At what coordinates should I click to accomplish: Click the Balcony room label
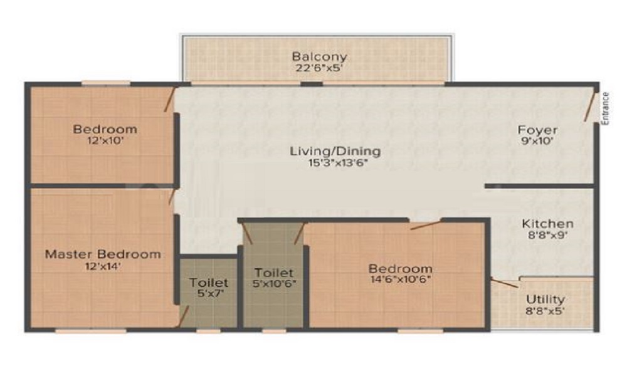point(319,56)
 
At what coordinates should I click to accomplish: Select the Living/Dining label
point(335,151)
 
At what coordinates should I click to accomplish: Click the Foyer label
point(537,130)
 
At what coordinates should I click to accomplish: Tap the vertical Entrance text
point(605,109)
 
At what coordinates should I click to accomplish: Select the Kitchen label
point(547,224)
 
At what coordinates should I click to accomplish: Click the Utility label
point(545,300)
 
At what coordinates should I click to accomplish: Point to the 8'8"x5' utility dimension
point(545,311)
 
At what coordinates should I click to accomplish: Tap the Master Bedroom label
point(102,254)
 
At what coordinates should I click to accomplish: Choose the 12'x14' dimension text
point(102,266)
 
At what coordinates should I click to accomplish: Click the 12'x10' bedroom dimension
point(105,141)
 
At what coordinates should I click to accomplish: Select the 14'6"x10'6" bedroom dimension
point(400,279)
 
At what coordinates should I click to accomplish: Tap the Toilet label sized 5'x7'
point(209,283)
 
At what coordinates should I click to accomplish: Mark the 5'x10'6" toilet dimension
point(274,284)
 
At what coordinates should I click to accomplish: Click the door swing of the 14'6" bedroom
point(426,224)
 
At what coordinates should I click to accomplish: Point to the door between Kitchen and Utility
point(505,283)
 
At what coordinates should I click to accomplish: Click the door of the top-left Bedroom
point(169,100)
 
